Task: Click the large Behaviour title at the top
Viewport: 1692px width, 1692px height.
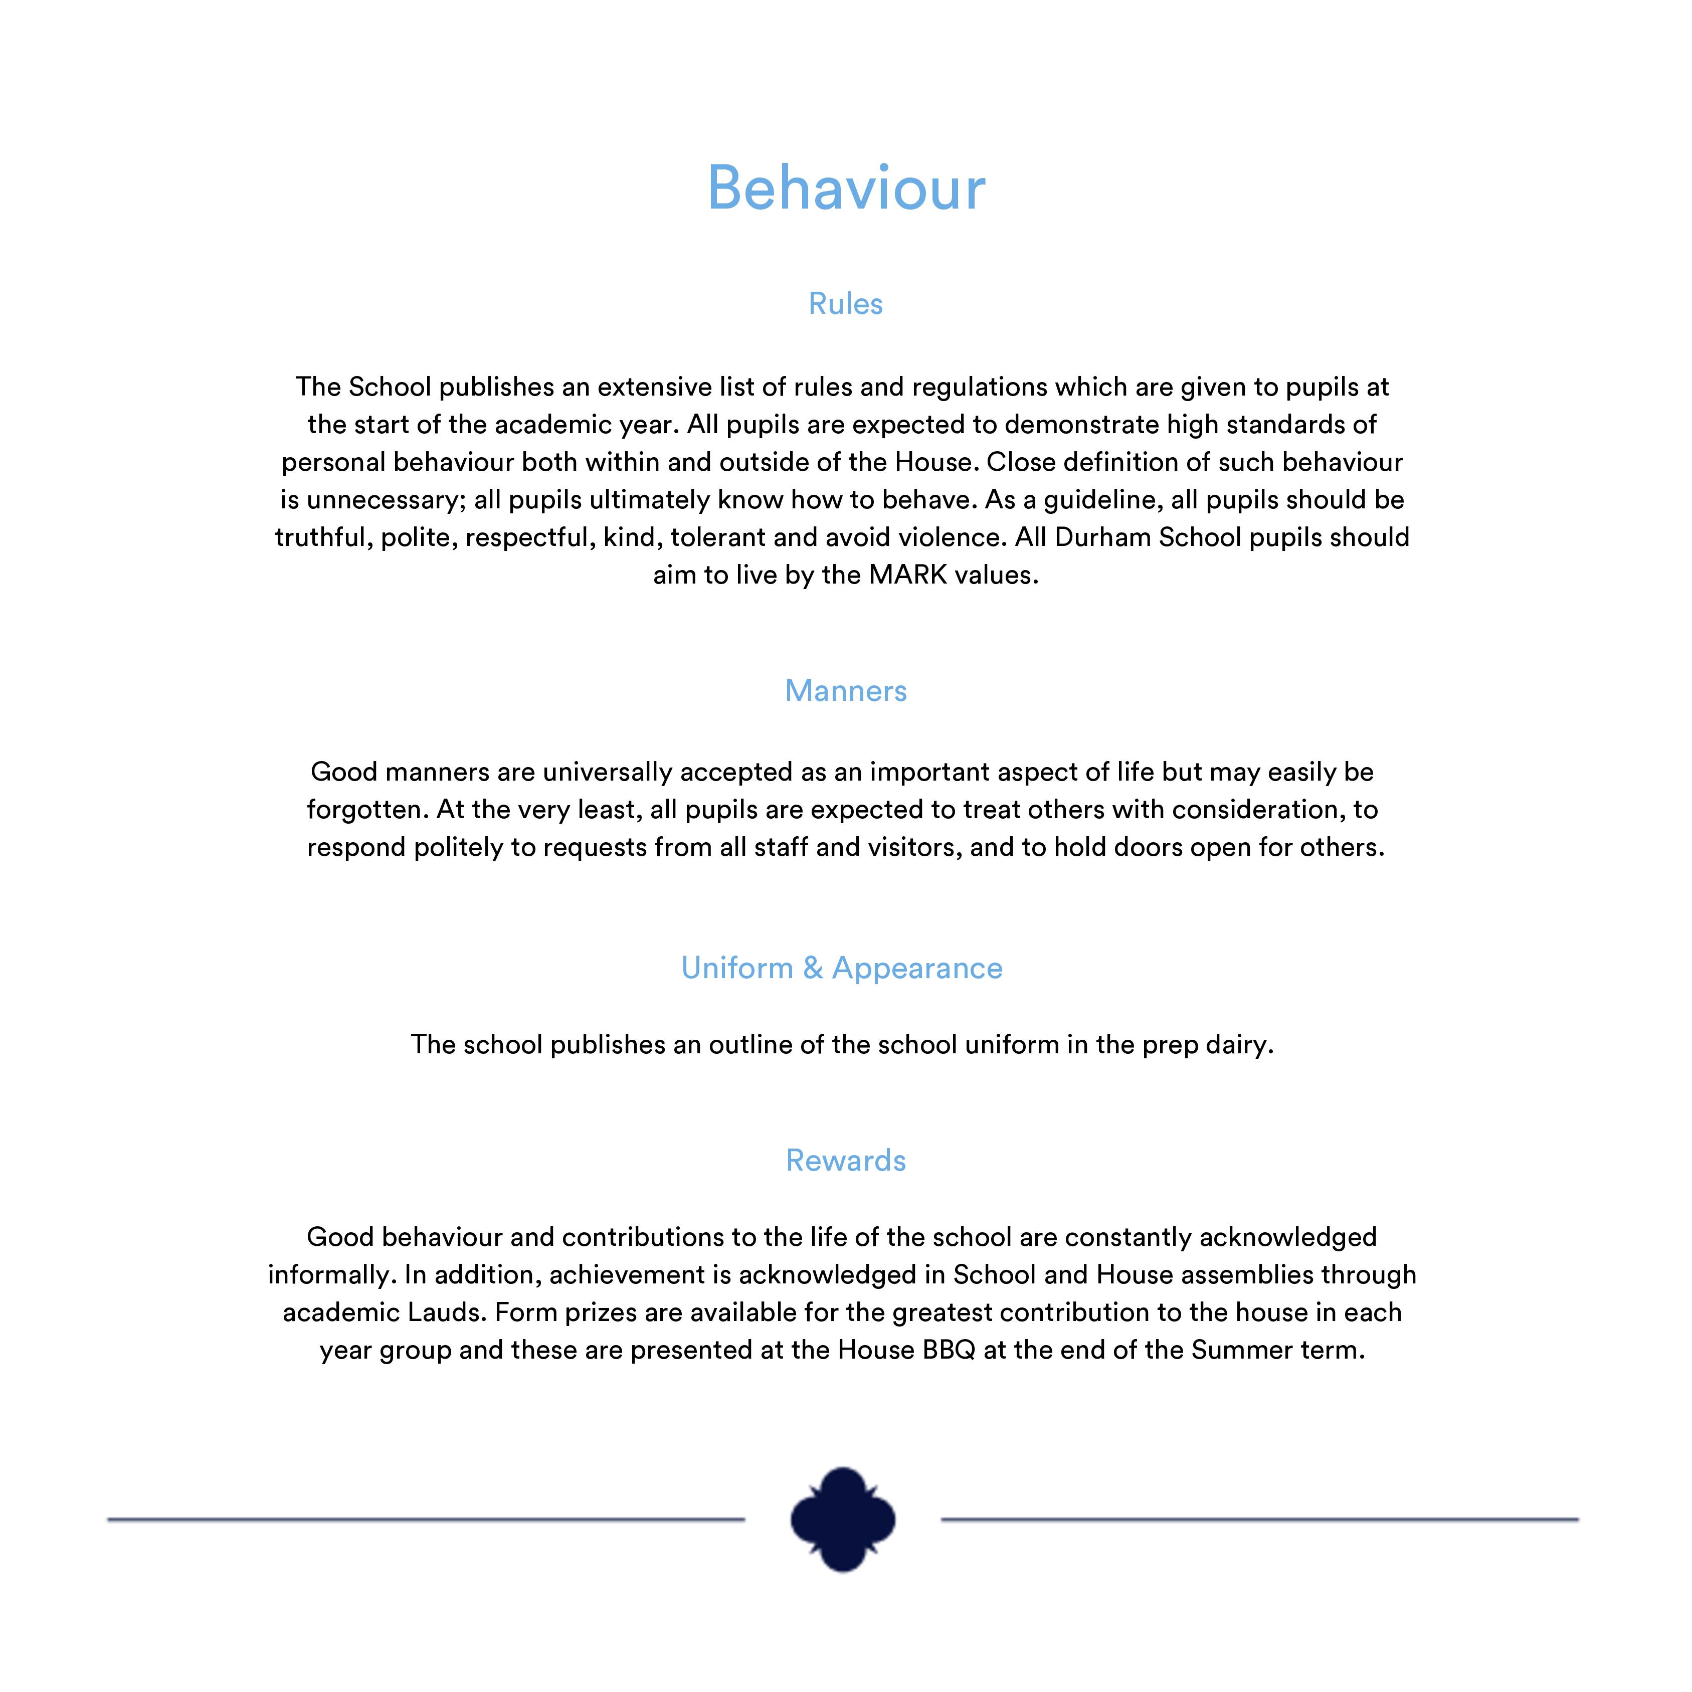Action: tap(846, 189)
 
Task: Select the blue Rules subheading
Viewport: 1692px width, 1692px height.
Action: tap(845, 304)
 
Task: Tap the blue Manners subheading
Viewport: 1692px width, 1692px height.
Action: tap(845, 691)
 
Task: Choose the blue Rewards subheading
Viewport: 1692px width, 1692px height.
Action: tap(845, 1161)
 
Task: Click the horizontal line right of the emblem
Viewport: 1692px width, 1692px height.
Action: tap(1259, 1520)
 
